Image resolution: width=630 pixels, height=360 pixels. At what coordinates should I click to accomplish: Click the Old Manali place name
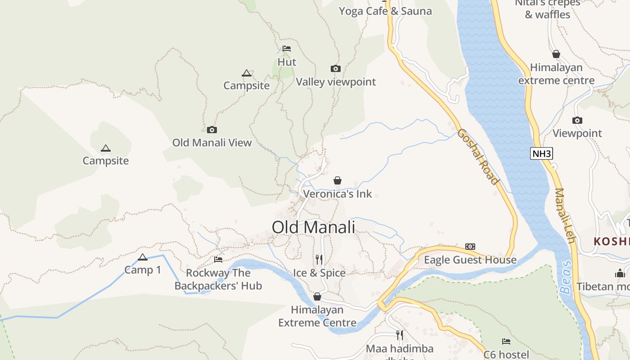coord(313,227)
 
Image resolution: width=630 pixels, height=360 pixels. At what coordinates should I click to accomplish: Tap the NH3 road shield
coord(541,153)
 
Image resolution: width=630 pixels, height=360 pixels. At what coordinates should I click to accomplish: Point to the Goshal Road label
coord(478,157)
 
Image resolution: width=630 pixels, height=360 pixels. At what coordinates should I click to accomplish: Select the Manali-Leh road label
coord(565,216)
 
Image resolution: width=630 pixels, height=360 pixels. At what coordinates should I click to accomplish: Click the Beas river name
coord(566,277)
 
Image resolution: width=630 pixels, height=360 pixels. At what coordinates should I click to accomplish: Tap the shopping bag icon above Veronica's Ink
coord(337,181)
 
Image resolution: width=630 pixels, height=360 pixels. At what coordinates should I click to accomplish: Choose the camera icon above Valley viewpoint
coord(335,69)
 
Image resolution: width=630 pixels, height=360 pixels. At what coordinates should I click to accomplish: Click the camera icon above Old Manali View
coord(211,130)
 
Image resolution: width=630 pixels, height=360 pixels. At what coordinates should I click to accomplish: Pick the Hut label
coord(287,62)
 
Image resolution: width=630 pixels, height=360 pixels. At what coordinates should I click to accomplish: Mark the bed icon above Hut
coord(287,49)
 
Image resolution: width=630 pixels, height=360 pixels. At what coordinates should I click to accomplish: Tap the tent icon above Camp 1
coord(143,257)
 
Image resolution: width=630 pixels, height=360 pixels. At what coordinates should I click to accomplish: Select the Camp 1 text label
coord(143,270)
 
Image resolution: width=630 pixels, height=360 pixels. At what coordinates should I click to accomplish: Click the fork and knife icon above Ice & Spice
coord(319,259)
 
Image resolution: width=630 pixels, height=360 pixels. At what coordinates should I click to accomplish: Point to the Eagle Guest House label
coord(470,260)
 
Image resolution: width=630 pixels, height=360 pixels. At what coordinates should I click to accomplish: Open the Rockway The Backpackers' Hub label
coord(218,279)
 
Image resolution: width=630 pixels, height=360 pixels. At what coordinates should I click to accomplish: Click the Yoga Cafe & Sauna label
coord(385,11)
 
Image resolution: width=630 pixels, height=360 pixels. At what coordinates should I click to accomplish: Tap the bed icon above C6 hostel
coord(506,342)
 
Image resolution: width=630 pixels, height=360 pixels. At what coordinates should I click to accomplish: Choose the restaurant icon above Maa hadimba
coord(399,335)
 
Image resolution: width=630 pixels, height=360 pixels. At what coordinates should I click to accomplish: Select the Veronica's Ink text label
coord(337,194)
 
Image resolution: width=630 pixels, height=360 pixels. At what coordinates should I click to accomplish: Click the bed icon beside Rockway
coord(218,260)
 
